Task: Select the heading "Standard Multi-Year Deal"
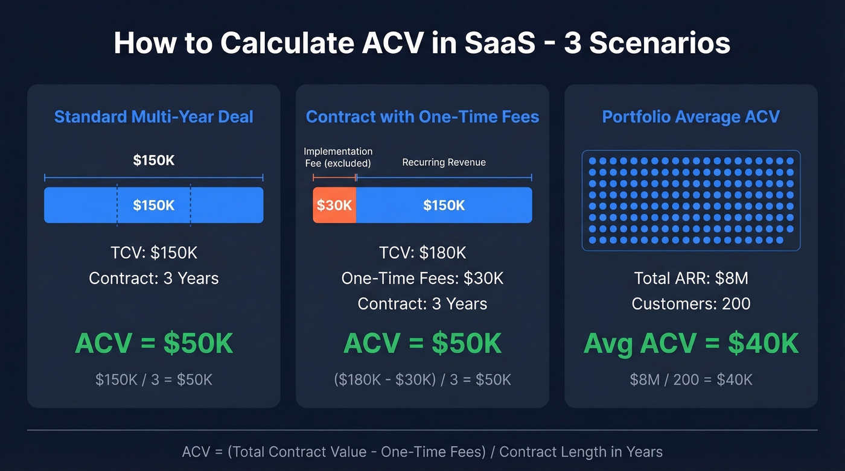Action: pos(154,116)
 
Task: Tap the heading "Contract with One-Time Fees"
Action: pos(422,116)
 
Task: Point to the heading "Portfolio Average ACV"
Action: pos(691,116)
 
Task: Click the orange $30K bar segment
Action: pos(334,205)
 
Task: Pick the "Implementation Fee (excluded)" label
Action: pos(338,157)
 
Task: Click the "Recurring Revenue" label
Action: pos(444,162)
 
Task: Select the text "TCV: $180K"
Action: pos(422,253)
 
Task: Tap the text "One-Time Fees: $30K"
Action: pos(422,278)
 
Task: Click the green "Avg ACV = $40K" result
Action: pos(691,344)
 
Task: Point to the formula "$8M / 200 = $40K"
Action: pos(691,379)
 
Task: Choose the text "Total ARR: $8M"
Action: pos(691,278)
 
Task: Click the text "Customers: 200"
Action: pos(691,303)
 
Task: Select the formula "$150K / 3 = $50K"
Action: pos(154,379)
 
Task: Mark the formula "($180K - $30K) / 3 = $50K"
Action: pos(422,379)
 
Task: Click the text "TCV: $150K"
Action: pos(154,253)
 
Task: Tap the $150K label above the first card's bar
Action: pos(154,160)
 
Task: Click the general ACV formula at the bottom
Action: pos(422,452)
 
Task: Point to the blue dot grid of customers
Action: pos(691,200)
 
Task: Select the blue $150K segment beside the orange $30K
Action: pos(444,205)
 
